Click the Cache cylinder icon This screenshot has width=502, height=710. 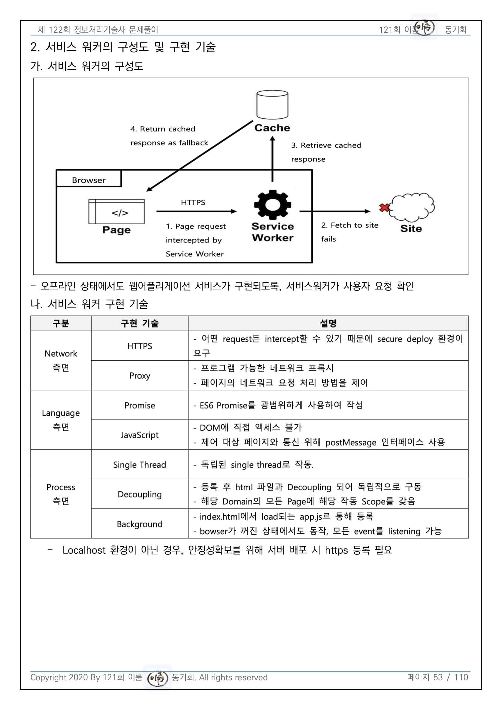click(272, 104)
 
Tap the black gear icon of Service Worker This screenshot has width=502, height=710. click(272, 205)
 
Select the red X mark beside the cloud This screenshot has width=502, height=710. click(384, 208)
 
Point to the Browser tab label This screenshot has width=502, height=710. click(89, 180)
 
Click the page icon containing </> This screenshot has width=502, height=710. click(117, 212)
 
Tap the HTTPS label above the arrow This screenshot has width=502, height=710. click(193, 202)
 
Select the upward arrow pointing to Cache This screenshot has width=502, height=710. click(272, 159)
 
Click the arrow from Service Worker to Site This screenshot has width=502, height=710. click(335, 212)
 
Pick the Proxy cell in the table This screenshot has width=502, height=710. click(140, 375)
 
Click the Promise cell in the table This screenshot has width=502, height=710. click(140, 405)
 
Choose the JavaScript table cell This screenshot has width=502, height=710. click(140, 435)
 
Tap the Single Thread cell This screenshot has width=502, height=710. click(140, 464)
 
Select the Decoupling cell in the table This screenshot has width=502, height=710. click(140, 494)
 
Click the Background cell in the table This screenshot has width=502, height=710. click(140, 524)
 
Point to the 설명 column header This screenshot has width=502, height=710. click(328, 324)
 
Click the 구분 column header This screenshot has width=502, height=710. click(61, 324)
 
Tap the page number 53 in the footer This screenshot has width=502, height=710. click(438, 677)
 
